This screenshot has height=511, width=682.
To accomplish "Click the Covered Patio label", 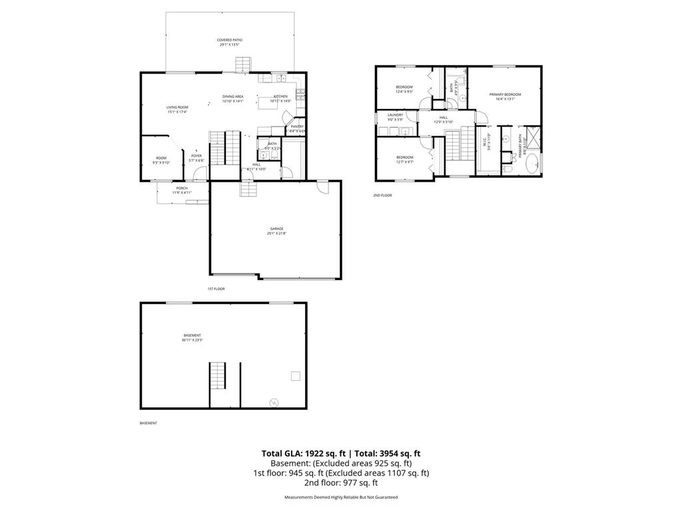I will coord(229,43).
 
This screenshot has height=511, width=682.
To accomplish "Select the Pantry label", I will coord(297,128).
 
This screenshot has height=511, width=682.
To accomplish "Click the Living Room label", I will coord(177,109).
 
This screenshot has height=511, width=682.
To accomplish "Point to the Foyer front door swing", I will coord(198,174).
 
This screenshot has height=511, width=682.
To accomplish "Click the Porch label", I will coord(182,190).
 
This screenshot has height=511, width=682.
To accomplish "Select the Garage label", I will coord(276,231).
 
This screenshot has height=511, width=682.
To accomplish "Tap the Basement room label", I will coord(192,337).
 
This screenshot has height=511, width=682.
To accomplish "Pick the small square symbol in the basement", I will coord(295,377).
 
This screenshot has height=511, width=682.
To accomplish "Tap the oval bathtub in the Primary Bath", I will coord(531,164).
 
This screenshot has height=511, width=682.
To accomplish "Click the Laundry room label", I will coord(396,117).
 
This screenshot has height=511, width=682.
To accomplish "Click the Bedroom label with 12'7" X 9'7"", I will coord(404,159).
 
